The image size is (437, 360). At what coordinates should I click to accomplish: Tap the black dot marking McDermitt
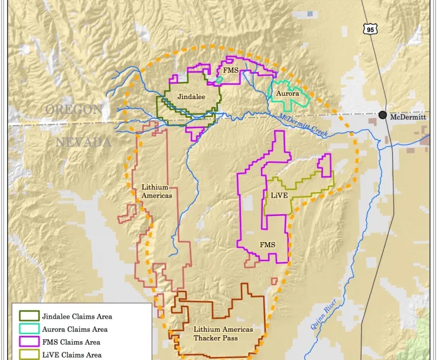(383, 115)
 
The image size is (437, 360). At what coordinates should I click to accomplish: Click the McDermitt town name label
(407, 117)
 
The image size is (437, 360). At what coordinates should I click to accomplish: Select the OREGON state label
(74, 109)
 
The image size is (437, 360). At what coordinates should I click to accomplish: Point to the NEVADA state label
(83, 142)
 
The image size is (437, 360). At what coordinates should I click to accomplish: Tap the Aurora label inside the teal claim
(288, 94)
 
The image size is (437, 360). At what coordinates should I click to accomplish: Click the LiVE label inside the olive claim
(279, 195)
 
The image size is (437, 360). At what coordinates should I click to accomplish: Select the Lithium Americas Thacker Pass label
(223, 333)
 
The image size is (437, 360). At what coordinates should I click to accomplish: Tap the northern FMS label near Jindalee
(231, 71)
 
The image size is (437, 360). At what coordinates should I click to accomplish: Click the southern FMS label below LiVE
(267, 244)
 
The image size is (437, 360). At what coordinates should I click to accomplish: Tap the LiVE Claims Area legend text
(71, 355)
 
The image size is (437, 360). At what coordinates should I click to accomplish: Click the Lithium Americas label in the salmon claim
(156, 191)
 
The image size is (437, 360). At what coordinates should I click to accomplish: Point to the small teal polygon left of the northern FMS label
(220, 79)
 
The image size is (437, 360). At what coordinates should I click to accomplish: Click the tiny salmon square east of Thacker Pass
(274, 281)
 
